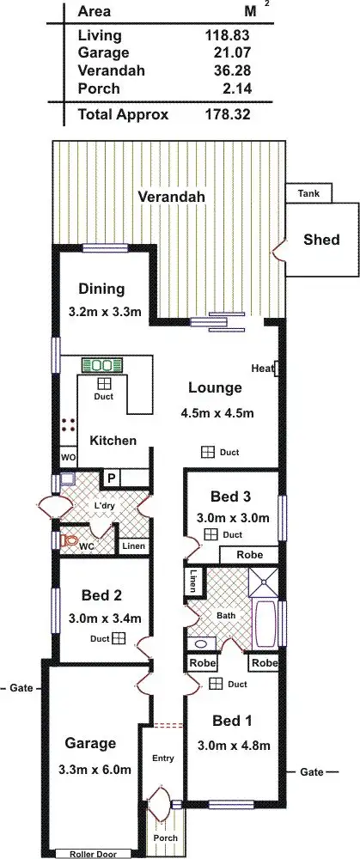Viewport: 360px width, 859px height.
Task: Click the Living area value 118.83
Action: tap(227, 36)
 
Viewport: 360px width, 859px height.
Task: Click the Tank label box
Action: tap(308, 194)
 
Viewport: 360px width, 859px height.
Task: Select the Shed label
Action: tap(321, 240)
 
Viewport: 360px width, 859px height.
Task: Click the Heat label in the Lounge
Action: tap(263, 369)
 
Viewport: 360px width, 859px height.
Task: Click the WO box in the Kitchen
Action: tap(68, 457)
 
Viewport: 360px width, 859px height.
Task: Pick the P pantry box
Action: tap(111, 478)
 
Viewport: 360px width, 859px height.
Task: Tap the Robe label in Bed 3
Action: tap(249, 555)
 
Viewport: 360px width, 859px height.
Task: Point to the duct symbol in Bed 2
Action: tap(119, 638)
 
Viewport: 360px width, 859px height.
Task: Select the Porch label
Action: tap(165, 838)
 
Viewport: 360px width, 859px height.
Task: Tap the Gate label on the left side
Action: tap(19, 688)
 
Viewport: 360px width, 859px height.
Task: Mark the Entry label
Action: tap(162, 758)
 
